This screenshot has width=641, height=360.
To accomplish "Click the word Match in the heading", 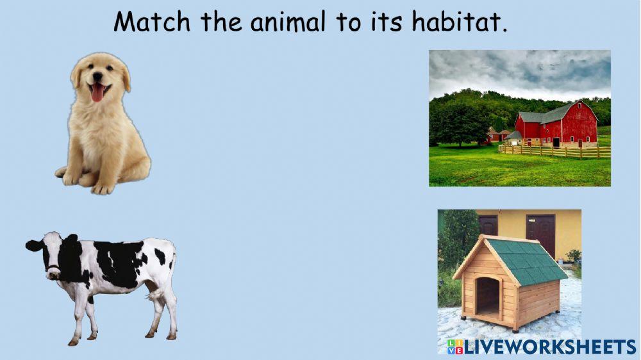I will click(x=152, y=22).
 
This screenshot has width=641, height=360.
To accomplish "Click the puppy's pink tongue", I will click(x=97, y=94).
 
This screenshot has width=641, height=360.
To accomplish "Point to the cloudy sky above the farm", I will click(x=519, y=70).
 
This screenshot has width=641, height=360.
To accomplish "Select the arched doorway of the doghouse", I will click(x=488, y=296).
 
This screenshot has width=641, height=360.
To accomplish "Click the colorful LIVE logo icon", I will click(x=454, y=347).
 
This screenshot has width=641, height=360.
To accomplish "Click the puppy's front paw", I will click(x=103, y=188).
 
